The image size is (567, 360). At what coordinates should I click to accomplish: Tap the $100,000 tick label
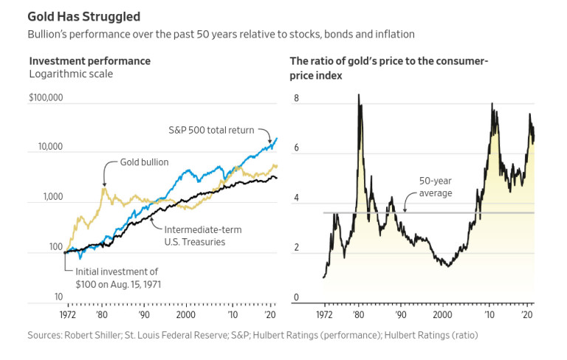46,98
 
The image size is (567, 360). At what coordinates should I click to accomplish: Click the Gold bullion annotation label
144,162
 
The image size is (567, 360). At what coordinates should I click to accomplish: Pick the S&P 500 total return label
210,130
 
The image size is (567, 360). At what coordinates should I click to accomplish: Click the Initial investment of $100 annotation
119,277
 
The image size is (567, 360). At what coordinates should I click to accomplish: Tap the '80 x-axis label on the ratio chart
358,314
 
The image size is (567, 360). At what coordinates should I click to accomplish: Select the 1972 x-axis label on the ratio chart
324,314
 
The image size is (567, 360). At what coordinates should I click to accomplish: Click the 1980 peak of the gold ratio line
359,94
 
